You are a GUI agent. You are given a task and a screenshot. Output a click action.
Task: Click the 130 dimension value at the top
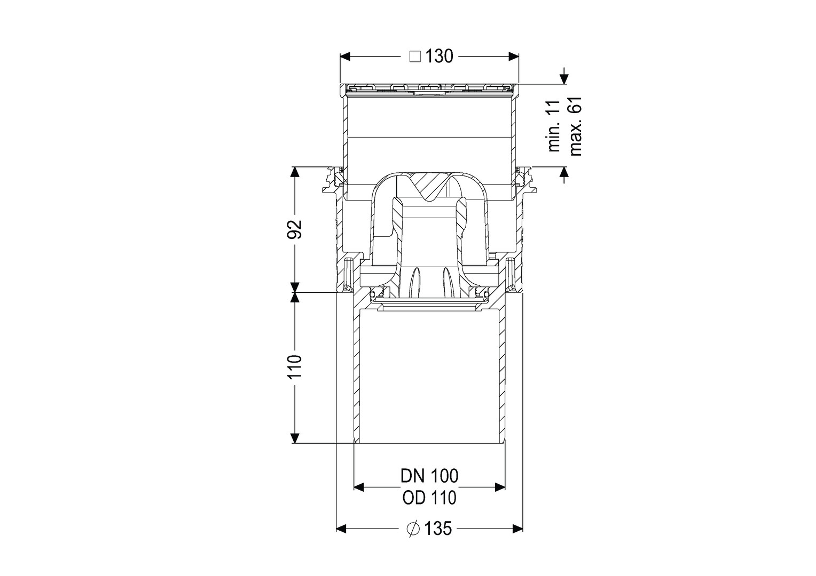[439, 57]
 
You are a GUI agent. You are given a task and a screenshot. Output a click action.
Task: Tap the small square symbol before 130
[415, 57]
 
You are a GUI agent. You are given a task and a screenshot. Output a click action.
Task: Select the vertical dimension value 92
[295, 229]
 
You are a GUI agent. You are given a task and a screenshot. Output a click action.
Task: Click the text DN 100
[429, 476]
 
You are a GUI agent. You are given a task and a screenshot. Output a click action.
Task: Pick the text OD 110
[429, 498]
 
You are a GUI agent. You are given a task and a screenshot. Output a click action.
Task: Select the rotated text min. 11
[554, 126]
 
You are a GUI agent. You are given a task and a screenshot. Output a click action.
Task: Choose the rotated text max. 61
[576, 126]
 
